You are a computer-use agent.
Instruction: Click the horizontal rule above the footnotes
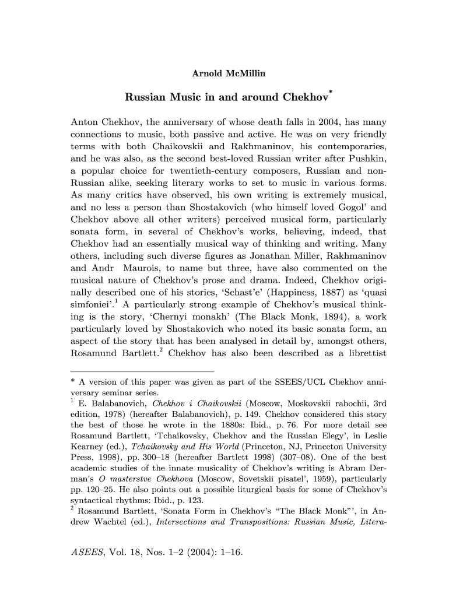142,371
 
